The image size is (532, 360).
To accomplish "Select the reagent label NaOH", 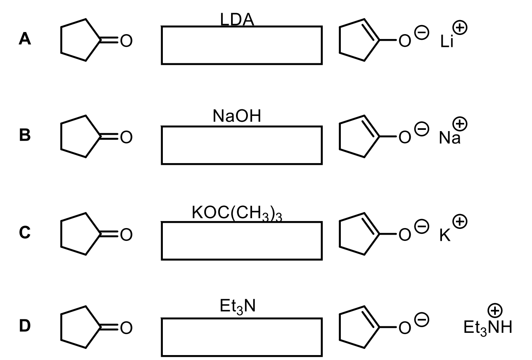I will pos(237,117).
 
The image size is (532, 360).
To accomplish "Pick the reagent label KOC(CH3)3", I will pos(237,213).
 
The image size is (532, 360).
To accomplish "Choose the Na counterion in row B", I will pos(449,138).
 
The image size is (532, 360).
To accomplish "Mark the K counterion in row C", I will pos(444,235).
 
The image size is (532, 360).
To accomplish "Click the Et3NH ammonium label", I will pos(487,328).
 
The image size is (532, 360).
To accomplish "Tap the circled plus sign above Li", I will pos(460,28).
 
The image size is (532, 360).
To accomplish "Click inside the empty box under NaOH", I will pos(241,145).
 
